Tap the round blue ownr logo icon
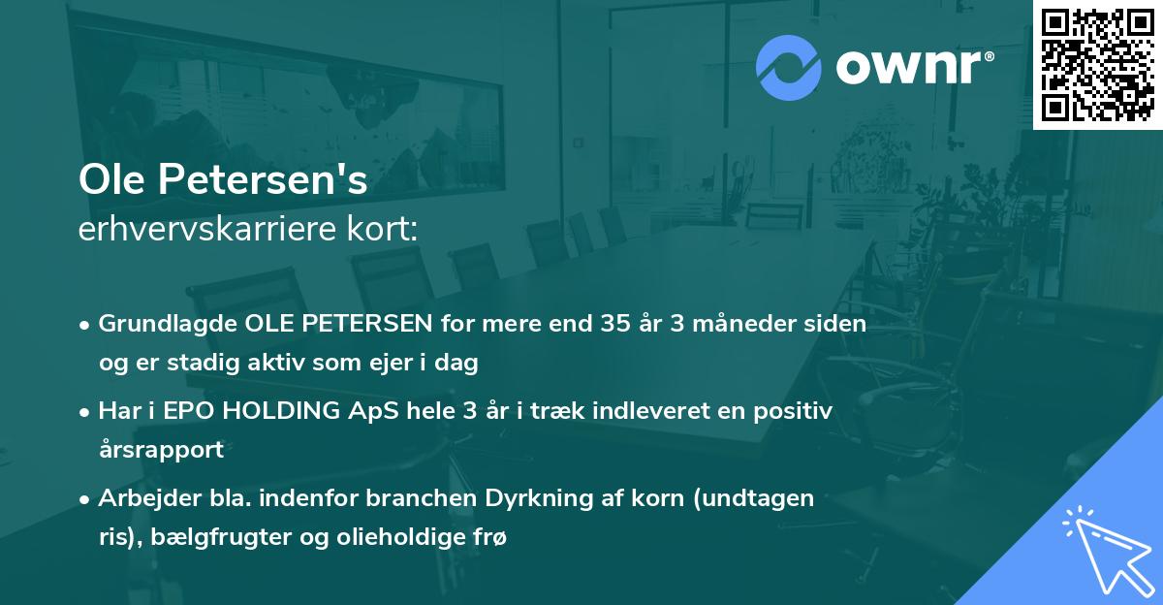(788, 68)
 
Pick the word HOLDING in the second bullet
(271, 410)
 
